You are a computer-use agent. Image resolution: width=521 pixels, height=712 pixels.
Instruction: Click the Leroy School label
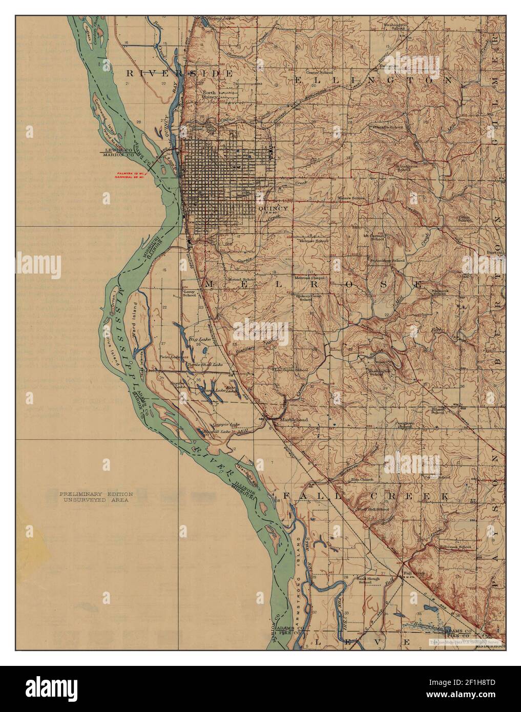(x=190, y=293)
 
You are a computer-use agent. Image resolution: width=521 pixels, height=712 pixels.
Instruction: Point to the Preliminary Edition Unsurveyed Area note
(x=96, y=497)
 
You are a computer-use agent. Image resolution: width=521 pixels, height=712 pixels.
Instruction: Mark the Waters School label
(x=351, y=198)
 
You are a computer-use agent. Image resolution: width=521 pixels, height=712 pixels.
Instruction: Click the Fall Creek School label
(x=455, y=547)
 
